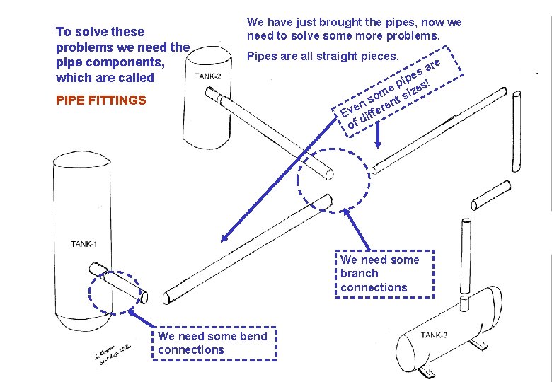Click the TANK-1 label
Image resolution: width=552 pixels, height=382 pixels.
(x=84, y=245)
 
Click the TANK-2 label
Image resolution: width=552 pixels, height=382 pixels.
(x=207, y=76)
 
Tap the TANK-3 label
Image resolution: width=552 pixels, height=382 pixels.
(x=433, y=335)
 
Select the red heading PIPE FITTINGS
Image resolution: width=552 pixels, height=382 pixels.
(x=100, y=100)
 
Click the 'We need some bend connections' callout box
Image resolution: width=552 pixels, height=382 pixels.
(x=212, y=343)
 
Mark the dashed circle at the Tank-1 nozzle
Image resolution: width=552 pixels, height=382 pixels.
(x=118, y=291)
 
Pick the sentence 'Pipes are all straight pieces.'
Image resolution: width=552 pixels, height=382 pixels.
(x=322, y=56)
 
